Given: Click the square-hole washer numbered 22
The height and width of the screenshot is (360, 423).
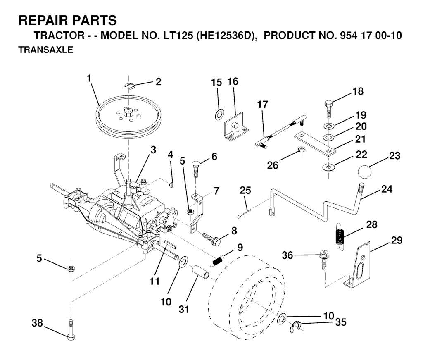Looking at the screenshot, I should (329, 167).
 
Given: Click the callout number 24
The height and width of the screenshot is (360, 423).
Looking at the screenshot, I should (387, 190).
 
